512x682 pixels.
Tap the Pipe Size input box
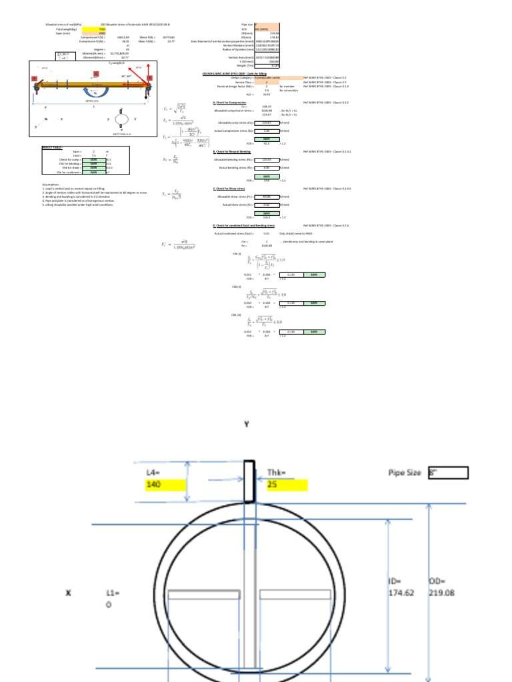(x=449, y=473)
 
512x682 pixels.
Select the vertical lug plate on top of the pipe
(x=248, y=481)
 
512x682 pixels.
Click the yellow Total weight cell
(x=103, y=29)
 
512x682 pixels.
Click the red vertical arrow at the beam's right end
(x=147, y=71)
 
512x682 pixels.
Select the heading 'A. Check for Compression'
(x=229, y=103)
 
